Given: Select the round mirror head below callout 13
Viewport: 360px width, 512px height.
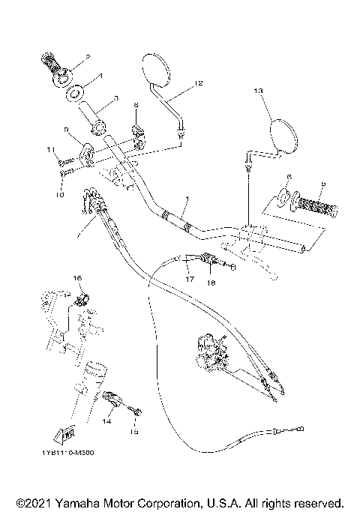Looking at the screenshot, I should tap(283, 135).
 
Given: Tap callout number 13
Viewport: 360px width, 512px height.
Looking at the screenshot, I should tap(258, 91).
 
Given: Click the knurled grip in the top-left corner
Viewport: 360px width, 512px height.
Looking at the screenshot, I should tap(55, 67).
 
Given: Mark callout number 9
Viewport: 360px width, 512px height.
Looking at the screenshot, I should tap(67, 130).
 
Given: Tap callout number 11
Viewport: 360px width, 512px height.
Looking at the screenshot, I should tap(52, 151).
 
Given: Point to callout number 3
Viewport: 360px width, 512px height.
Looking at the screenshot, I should tap(116, 98).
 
